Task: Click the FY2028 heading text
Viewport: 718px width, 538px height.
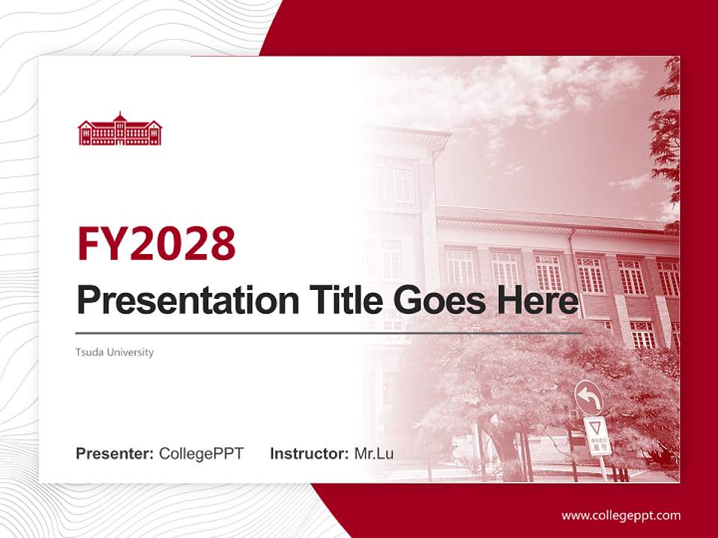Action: pyautogui.click(x=156, y=244)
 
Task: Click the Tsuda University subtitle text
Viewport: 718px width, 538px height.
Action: pyautogui.click(x=114, y=352)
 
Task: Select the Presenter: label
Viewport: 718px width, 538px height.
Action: pyautogui.click(x=115, y=454)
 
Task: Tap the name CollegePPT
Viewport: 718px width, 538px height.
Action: pyautogui.click(x=201, y=454)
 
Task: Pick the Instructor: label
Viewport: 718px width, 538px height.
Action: pyautogui.click(x=309, y=454)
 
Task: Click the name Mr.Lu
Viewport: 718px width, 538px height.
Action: pyautogui.click(x=373, y=454)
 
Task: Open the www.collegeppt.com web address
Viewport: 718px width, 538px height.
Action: pyautogui.click(x=621, y=515)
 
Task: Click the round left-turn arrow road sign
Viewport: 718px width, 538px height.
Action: pyautogui.click(x=589, y=398)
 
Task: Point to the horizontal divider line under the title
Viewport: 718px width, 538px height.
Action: pyautogui.click(x=329, y=333)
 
